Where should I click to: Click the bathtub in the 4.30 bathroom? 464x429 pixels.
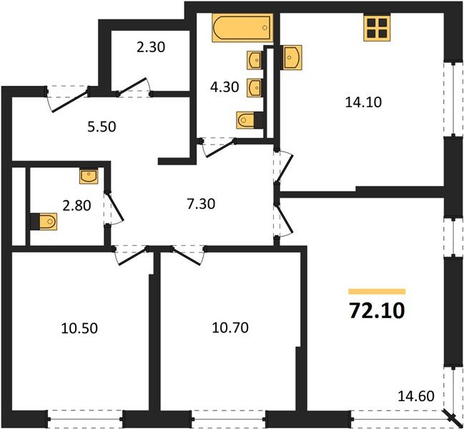242,29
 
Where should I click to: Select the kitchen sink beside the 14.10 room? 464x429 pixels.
292,57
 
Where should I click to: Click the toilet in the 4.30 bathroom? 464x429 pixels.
247,119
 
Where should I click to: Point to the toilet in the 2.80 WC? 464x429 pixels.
44,222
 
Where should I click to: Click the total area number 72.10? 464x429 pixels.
376,311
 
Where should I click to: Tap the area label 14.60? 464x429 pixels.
417,395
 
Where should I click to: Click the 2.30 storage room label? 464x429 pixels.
151,49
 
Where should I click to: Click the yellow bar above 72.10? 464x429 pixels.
377,292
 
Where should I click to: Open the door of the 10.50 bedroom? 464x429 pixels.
131,256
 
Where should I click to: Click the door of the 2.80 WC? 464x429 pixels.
113,207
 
